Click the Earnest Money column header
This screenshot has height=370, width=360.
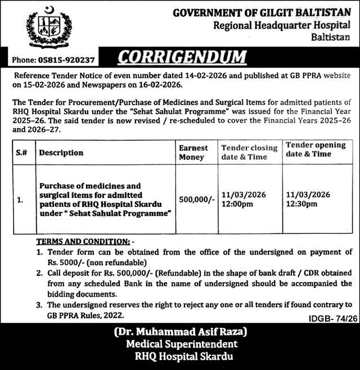point(193,152)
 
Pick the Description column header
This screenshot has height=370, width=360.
point(61,152)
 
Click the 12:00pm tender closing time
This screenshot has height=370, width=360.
point(236,205)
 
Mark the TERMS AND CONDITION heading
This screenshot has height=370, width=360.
point(82,241)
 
